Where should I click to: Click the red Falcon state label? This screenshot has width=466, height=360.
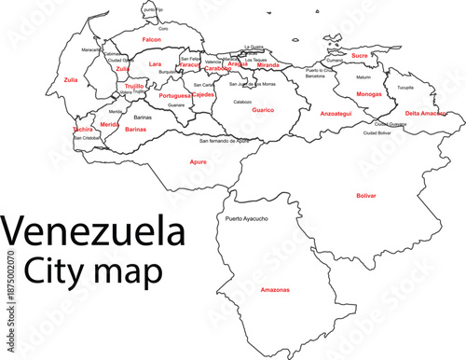pos(152,40)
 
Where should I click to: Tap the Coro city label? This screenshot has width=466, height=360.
pos(163,29)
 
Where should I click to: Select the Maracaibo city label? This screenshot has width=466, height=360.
pos(91,48)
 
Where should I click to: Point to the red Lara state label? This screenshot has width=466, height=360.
pos(155,64)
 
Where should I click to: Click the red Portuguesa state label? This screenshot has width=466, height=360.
pos(174,95)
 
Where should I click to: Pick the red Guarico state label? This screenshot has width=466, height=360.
pos(263,110)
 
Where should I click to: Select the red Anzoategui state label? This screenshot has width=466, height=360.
pos(336,113)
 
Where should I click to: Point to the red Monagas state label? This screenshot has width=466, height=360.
pos(369,94)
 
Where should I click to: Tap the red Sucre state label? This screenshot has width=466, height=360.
pos(360,55)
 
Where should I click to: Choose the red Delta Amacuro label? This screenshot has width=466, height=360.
pos(426,113)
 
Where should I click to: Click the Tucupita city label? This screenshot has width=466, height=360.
pos(405,88)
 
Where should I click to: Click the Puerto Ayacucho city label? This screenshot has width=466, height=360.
pos(247,218)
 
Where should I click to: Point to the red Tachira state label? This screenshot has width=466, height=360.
pos(83,130)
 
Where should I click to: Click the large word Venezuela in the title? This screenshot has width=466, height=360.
pos(92,229)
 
